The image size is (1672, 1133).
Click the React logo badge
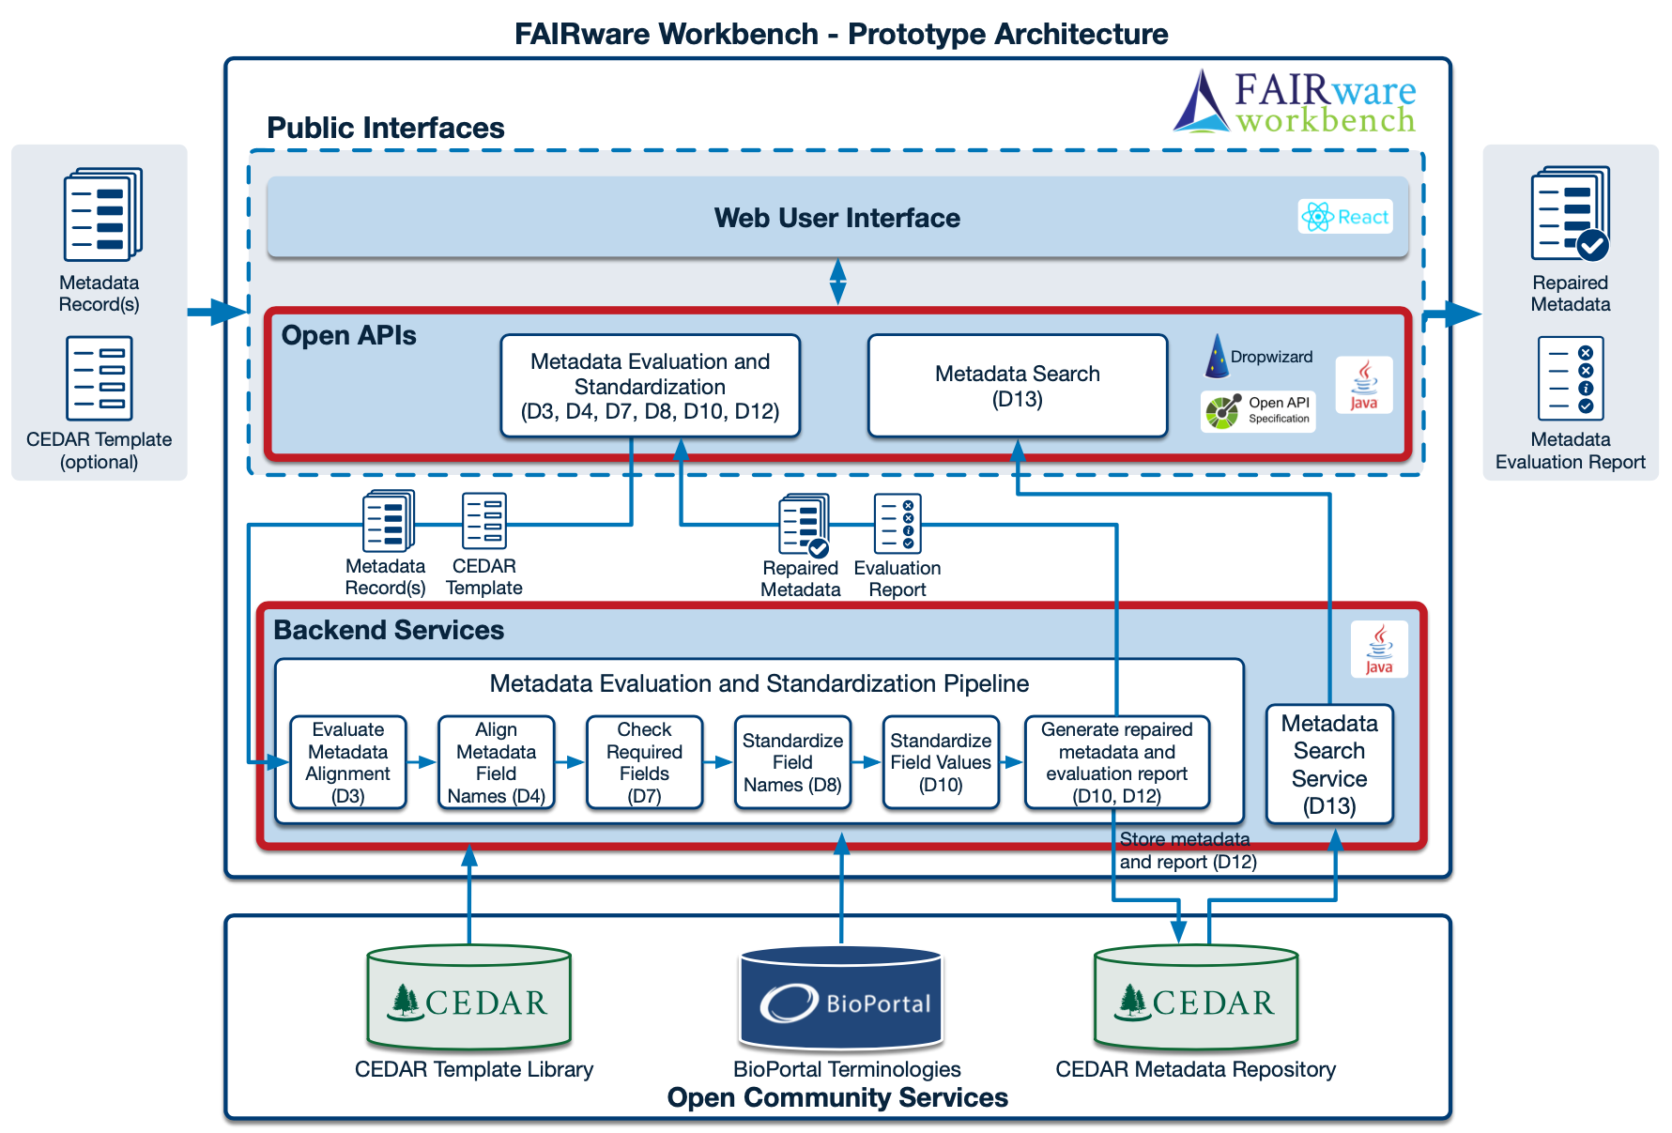pos(1344,217)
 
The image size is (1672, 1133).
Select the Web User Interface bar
pos(836,218)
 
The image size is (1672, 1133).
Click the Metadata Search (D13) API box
pos(1017,386)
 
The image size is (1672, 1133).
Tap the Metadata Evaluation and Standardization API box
pos(650,386)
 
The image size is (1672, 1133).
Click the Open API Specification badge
pos(1258,411)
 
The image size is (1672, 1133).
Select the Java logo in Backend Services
pos(1378,649)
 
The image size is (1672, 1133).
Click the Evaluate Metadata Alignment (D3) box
pos(347,762)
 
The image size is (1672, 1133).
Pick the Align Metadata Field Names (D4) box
pos(496,762)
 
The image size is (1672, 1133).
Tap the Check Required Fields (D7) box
pos(644,762)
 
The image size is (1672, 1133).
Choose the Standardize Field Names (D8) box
pos(792,762)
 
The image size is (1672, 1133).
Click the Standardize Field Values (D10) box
pos(940,762)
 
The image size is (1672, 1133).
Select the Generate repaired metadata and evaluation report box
pos(1116,762)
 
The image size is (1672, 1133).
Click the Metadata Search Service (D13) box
pos(1328,764)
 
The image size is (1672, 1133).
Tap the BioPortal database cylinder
pos(841,999)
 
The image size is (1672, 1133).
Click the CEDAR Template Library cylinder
pos(468,999)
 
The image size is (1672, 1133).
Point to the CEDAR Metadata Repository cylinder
pos(1195,999)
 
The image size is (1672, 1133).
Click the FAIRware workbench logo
pos(1296,102)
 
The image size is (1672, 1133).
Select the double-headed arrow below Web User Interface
pos(837,282)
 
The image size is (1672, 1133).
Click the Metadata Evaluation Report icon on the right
pos(1570,379)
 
